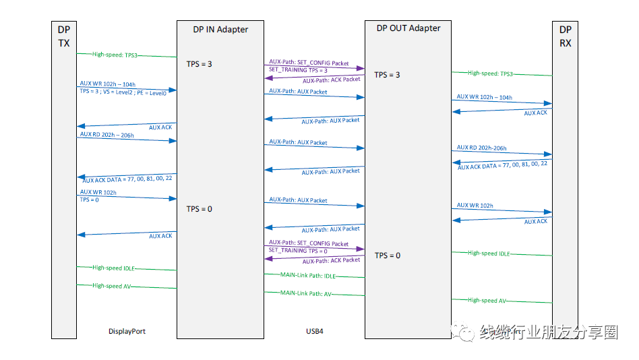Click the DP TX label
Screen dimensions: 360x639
(63, 36)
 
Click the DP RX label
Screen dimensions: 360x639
(565, 36)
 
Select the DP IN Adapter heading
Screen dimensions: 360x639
(220, 29)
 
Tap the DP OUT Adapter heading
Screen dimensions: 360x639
(408, 28)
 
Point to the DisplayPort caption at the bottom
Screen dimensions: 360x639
(127, 332)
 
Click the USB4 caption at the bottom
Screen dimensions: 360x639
(315, 332)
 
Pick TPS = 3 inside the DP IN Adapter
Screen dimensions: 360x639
(200, 64)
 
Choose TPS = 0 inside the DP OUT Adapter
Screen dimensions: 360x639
(388, 256)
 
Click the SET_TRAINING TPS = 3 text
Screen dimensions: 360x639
(298, 70)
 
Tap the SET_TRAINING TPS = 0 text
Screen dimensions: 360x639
(298, 251)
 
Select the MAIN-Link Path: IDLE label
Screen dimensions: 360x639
(307, 276)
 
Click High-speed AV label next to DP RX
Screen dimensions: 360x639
(487, 301)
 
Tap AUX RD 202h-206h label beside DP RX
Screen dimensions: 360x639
(481, 148)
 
